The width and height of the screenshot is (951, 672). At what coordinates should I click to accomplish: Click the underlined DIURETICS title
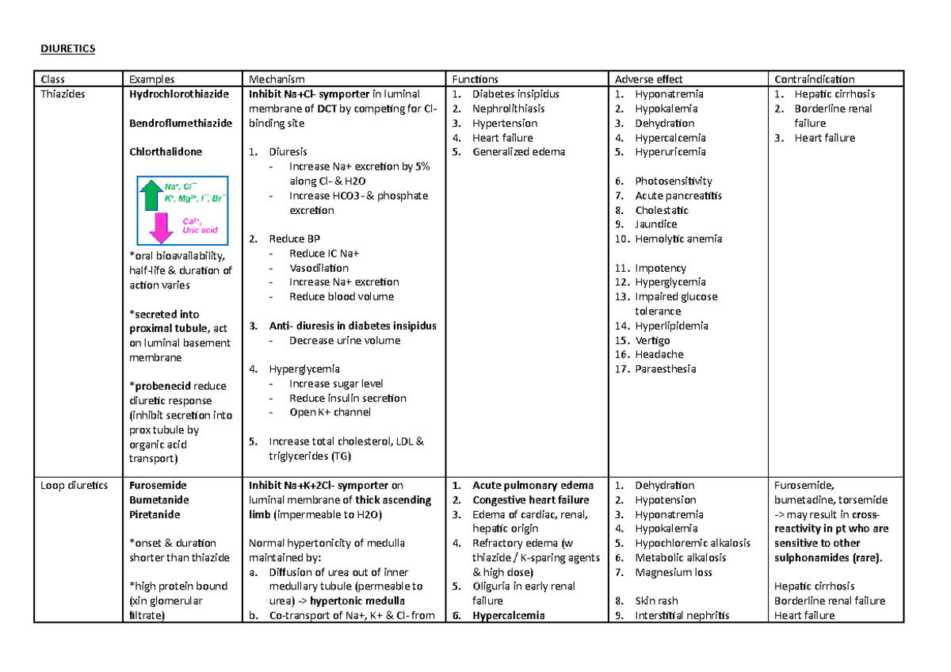click(67, 49)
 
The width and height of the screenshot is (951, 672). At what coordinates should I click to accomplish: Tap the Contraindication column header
click(815, 79)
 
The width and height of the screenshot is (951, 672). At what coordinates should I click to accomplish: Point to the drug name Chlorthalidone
click(166, 151)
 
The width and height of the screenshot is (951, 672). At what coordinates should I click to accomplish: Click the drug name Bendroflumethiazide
click(181, 123)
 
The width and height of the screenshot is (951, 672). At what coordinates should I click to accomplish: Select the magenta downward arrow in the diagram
click(162, 227)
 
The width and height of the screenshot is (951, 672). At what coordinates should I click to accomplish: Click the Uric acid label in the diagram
click(200, 230)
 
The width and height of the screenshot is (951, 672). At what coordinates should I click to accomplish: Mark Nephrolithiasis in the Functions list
click(508, 109)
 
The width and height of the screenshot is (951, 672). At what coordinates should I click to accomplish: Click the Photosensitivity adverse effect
click(673, 181)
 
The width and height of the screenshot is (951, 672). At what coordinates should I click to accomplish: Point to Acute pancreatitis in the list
click(678, 195)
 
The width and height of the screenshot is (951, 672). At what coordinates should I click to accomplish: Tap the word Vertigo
click(652, 340)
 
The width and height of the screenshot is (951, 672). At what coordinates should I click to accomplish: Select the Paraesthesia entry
click(666, 368)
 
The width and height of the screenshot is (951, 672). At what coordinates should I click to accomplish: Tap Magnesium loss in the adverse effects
click(674, 572)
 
